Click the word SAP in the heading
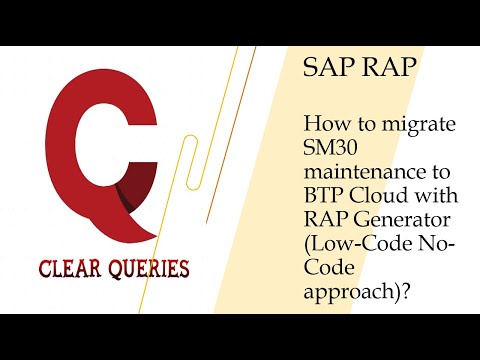(x=324, y=70)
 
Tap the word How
(x=325, y=127)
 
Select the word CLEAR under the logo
(x=71, y=269)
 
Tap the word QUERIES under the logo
(x=148, y=269)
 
